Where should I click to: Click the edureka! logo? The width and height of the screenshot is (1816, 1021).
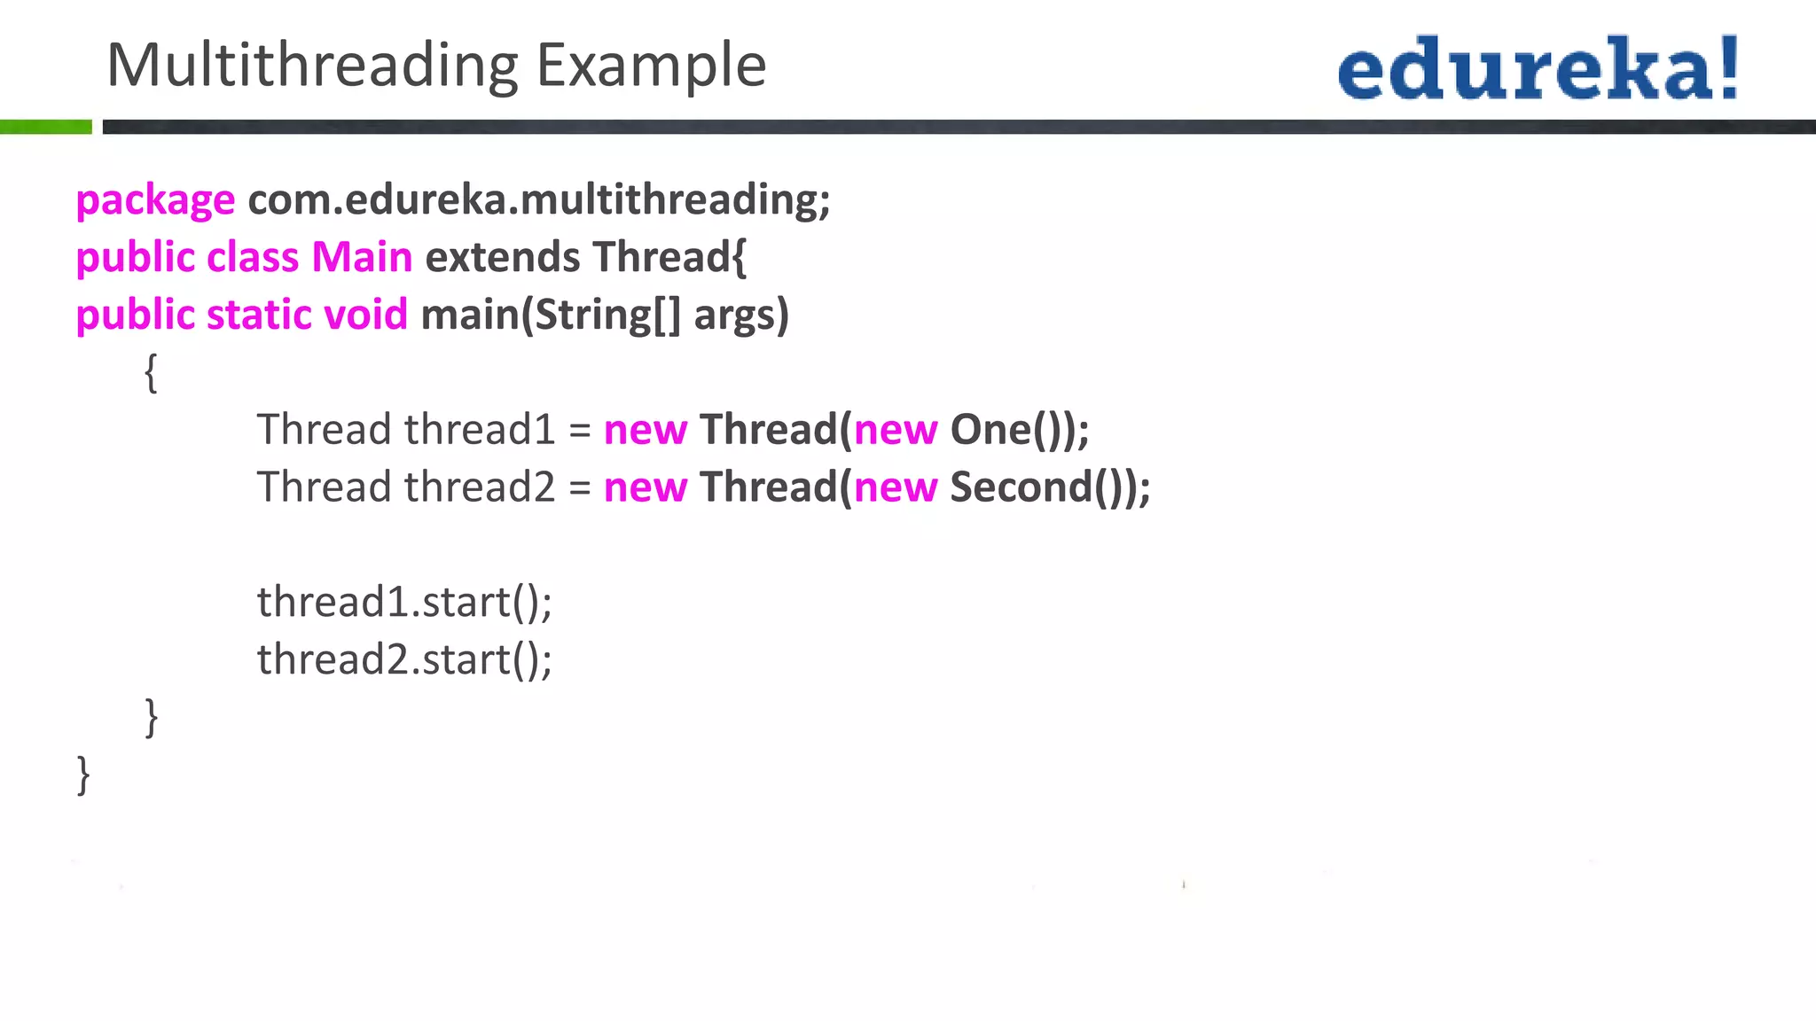pyautogui.click(x=1538, y=67)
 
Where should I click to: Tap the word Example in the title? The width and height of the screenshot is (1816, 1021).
pyautogui.click(x=651, y=66)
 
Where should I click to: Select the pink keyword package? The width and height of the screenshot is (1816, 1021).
pyautogui.click(x=155, y=200)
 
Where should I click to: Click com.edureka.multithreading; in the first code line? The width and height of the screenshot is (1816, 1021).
pyautogui.click(x=539, y=200)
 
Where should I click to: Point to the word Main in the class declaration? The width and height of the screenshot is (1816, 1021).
pyautogui.click(x=362, y=258)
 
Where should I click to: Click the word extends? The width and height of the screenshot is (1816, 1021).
pyautogui.click(x=502, y=258)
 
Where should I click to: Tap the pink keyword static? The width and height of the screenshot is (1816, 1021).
pyautogui.click(x=258, y=316)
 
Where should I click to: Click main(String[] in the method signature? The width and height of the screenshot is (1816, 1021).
pyautogui.click(x=550, y=316)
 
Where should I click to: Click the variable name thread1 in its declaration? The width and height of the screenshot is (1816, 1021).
pyautogui.click(x=480, y=431)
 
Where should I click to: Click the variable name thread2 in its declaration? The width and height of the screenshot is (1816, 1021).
pyautogui.click(x=480, y=488)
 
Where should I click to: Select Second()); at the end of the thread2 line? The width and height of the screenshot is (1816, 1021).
pyautogui.click(x=1050, y=488)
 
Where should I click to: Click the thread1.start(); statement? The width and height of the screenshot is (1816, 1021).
pyautogui.click(x=404, y=603)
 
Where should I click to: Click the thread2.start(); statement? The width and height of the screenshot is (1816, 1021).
pyautogui.click(x=404, y=660)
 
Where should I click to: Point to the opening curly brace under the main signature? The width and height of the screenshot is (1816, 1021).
pyautogui.click(x=151, y=372)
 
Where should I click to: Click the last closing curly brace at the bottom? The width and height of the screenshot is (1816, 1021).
pyautogui.click(x=83, y=775)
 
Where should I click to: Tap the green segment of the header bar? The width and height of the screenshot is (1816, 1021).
pyautogui.click(x=45, y=127)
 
